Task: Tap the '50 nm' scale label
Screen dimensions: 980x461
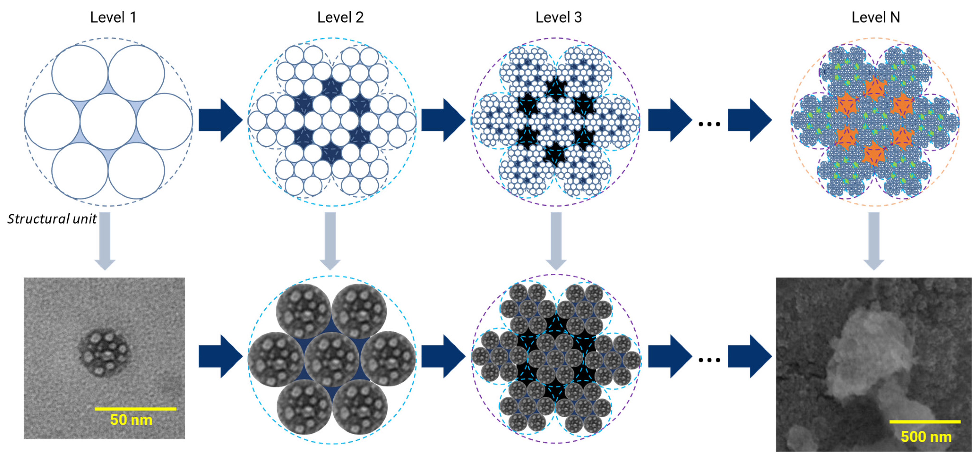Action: pos(131,419)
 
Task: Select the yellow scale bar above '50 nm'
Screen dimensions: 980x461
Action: pos(135,409)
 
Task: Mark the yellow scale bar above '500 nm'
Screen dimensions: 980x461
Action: pos(925,421)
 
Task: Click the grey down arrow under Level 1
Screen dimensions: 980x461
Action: pos(105,241)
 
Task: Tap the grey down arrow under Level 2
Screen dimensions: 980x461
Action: pos(330,241)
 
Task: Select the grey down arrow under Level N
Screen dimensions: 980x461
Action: pos(874,241)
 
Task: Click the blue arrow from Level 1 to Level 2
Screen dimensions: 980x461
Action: pos(220,120)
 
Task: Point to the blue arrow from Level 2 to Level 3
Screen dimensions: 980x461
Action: pos(443,120)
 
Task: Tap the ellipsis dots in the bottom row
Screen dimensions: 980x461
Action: pos(710,360)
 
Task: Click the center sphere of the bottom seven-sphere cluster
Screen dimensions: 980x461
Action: pos(332,359)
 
